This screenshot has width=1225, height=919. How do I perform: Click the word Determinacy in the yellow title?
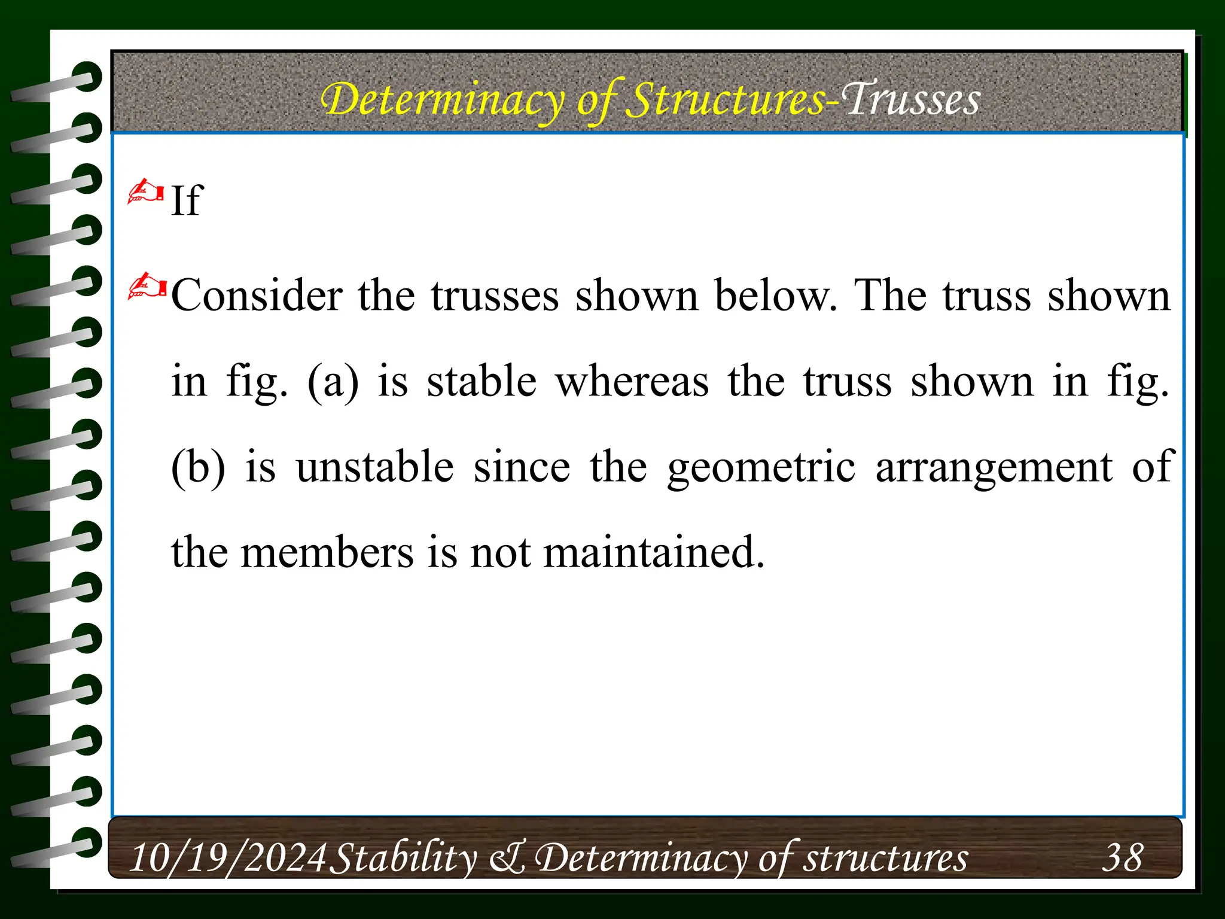tap(443, 100)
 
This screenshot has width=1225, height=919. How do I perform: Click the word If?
tap(187, 200)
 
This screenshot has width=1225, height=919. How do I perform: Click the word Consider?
tap(257, 296)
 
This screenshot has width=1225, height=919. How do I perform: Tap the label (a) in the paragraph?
tap(333, 382)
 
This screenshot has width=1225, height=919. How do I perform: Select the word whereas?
tap(632, 382)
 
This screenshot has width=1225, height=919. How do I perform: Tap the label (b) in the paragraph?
tap(198, 467)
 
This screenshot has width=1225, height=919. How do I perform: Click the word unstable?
tap(375, 467)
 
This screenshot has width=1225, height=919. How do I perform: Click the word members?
tap(327, 553)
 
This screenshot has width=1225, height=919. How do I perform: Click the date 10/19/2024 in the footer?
tap(228, 857)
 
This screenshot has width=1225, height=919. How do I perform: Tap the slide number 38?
tap(1122, 857)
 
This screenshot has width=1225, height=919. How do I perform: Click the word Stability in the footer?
tap(404, 857)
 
